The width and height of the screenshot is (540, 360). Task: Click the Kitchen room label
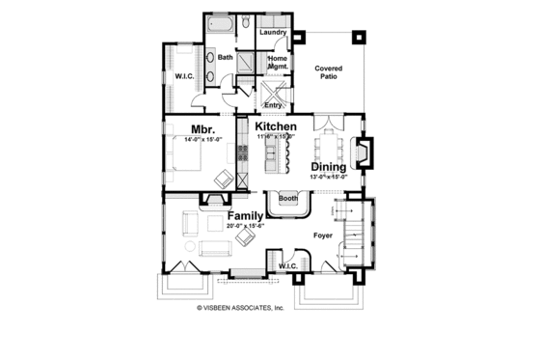pyautogui.click(x=275, y=126)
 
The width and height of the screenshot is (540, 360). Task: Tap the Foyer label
pyautogui.click(x=323, y=234)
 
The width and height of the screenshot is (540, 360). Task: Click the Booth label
pyautogui.click(x=287, y=200)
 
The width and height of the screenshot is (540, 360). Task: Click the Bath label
pyautogui.click(x=225, y=57)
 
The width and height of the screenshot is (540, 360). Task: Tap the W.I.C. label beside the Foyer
pyautogui.click(x=287, y=265)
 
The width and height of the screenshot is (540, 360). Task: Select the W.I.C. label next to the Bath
pyautogui.click(x=184, y=76)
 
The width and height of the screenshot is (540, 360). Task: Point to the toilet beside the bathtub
pyautogui.click(x=246, y=21)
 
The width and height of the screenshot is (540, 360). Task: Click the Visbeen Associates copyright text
pyautogui.click(x=241, y=308)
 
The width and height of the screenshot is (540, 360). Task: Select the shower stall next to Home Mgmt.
pyautogui.click(x=247, y=59)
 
